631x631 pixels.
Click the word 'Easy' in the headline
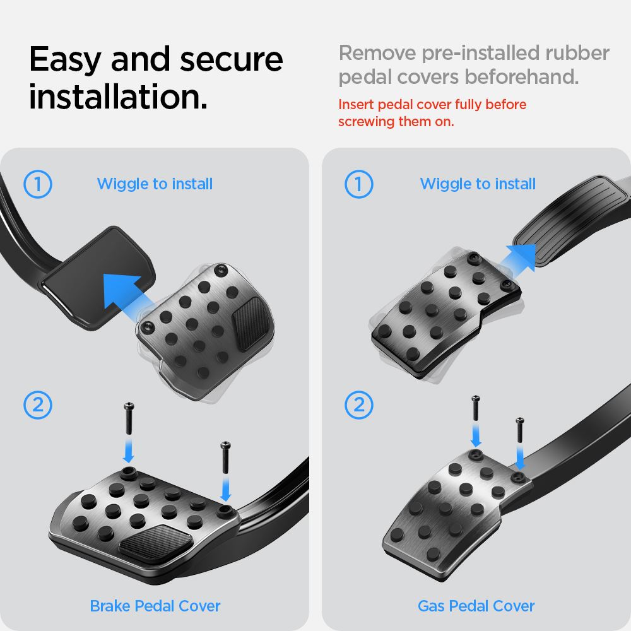(65, 59)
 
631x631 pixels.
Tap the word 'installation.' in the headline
(119, 97)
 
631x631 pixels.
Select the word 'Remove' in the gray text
(377, 53)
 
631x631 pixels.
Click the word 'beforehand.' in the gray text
(522, 76)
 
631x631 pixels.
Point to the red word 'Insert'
(356, 104)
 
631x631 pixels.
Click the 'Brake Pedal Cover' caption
(155, 606)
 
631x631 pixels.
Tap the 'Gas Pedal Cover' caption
(476, 606)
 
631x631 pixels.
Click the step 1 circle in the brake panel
(38, 184)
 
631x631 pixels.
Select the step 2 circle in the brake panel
(38, 405)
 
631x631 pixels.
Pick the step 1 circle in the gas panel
(359, 184)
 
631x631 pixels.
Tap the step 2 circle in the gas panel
(359, 405)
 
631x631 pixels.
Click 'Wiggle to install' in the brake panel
(155, 184)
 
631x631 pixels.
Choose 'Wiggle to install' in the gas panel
(478, 184)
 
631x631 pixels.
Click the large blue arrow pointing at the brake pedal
(125, 295)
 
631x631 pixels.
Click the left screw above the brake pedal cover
(129, 418)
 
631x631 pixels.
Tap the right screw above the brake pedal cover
(225, 457)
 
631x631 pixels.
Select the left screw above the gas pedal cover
(476, 408)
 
